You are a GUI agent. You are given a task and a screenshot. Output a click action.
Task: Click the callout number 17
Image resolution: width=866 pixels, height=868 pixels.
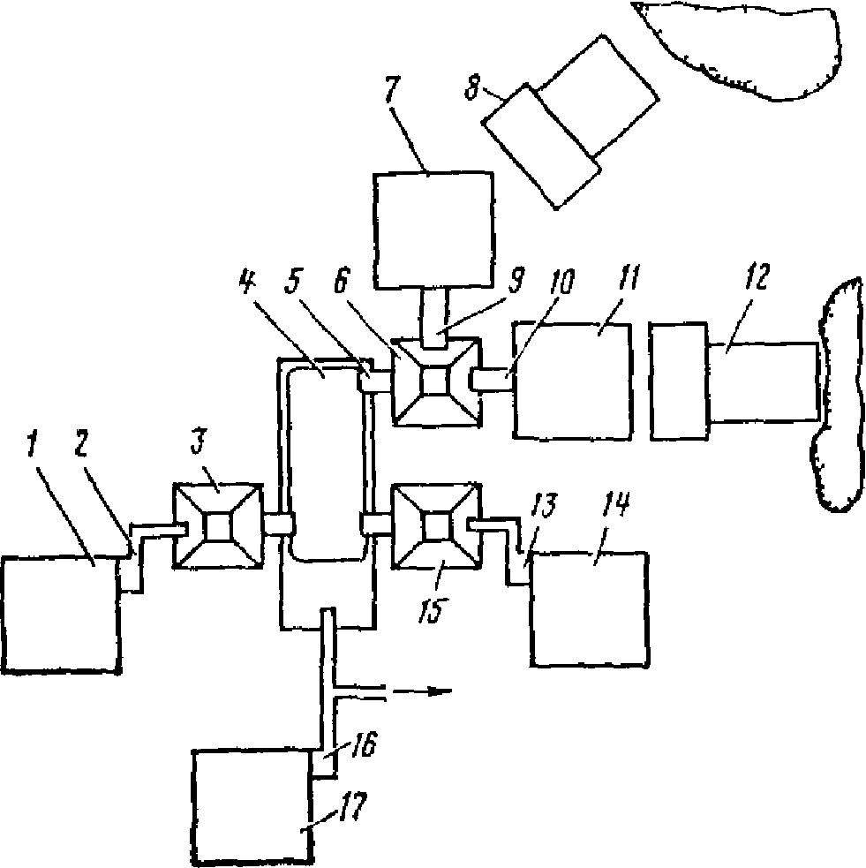[354, 808]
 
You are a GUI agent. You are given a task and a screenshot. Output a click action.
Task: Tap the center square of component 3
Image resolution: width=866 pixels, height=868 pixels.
[218, 526]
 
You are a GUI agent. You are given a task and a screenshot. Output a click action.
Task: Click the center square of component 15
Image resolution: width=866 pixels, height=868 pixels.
[435, 525]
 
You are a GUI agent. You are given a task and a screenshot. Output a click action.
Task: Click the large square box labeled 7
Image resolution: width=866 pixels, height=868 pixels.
[433, 230]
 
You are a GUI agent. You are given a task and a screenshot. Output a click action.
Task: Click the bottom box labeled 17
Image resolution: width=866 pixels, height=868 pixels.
[251, 808]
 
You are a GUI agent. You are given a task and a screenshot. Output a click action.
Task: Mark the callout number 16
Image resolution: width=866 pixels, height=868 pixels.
[364, 743]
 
